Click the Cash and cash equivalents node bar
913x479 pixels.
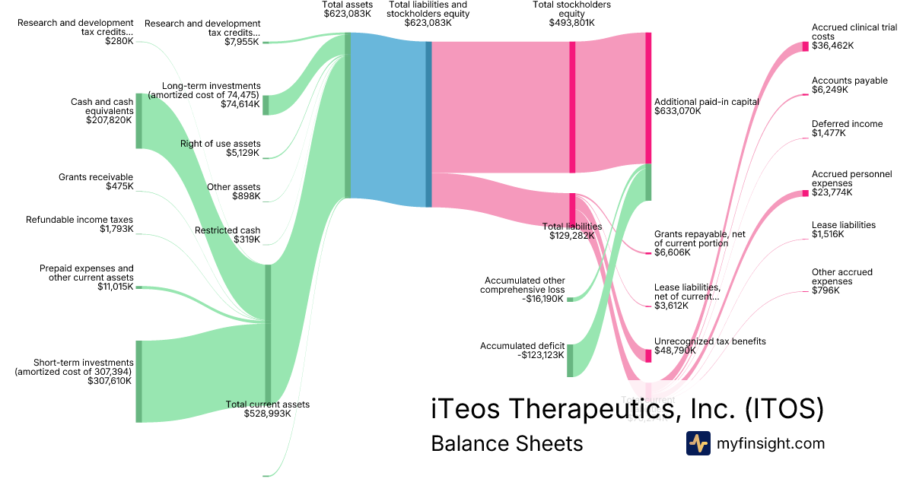click(139, 121)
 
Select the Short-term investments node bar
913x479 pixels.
click(138, 381)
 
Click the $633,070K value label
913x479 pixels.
click(677, 111)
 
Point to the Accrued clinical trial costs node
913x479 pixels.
click(806, 46)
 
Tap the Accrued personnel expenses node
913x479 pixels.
click(806, 193)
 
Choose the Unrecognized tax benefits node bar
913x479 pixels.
click(649, 355)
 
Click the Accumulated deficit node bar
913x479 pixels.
click(570, 360)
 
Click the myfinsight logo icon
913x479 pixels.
click(698, 443)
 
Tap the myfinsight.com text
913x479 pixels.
click(771, 443)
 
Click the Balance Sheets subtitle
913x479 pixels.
click(507, 443)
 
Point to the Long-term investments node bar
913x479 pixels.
click(266, 105)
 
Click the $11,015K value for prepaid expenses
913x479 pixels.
click(115, 287)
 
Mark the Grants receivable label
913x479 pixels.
click(95, 177)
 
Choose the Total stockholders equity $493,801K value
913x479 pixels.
click(571, 23)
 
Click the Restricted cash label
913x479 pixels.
click(227, 230)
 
